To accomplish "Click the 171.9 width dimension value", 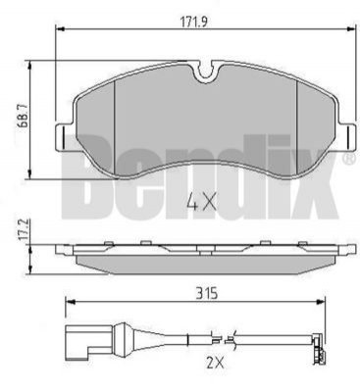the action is point(194,22).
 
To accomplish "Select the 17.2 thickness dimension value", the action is point(23,231).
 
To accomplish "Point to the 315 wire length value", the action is point(207,294).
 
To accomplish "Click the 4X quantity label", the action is point(201,201).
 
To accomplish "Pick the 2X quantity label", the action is point(214,362).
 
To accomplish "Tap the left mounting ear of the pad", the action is point(64,137).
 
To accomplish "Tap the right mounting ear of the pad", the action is point(347,137).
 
